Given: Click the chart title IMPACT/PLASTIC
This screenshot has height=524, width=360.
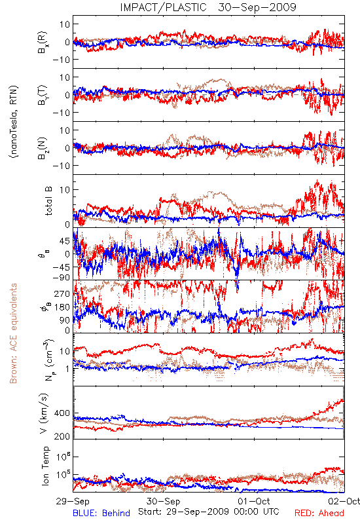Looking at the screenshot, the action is click(163, 7).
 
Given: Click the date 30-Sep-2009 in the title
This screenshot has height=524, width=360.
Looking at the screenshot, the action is click(257, 7).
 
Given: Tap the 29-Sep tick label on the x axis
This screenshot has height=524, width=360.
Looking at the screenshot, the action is click(73, 501).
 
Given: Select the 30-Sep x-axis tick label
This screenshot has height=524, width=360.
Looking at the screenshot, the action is click(163, 501).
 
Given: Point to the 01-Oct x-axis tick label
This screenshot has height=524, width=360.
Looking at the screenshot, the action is click(254, 501).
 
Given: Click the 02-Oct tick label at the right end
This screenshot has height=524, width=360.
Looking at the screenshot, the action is click(344, 501).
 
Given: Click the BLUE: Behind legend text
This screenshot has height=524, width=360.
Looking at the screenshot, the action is click(101, 513).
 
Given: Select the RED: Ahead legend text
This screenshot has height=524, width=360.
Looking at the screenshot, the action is click(319, 513).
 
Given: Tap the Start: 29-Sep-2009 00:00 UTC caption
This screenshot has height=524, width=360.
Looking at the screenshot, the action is click(209, 512).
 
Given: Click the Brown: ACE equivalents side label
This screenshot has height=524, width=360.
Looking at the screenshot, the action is click(13, 333).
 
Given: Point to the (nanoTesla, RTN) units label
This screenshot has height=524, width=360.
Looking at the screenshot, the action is click(14, 122).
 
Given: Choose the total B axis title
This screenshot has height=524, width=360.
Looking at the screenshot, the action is click(48, 201).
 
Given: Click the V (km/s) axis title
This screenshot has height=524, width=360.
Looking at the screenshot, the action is click(44, 413).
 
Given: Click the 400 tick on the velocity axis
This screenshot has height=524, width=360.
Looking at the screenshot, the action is click(62, 413).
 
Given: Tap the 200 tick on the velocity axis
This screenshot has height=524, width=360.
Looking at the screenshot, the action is click(62, 436).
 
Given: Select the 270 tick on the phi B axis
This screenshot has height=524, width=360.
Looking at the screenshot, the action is click(62, 293).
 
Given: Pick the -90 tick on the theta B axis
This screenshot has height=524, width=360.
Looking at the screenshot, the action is click(62, 278).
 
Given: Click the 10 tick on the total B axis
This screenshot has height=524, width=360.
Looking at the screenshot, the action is click(65, 190).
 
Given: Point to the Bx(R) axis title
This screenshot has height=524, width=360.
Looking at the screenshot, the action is click(43, 43).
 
